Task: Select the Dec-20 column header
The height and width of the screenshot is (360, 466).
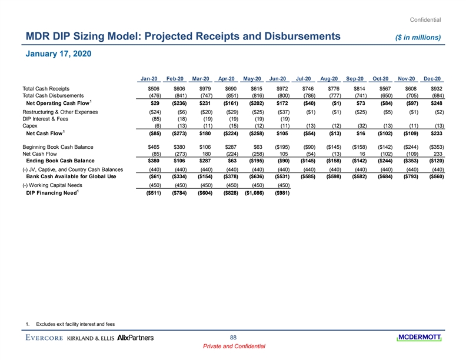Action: pos(432,78)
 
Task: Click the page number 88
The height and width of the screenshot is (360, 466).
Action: pos(233,337)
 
